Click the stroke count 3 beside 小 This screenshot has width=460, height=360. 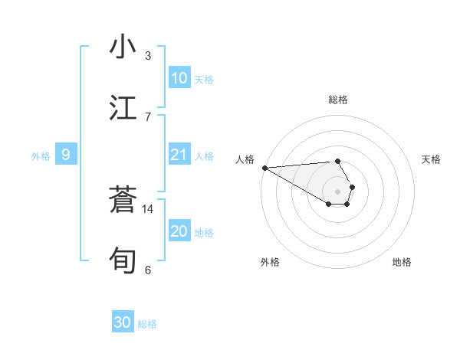coord(148,56)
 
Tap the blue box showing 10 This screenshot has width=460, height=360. coord(179,78)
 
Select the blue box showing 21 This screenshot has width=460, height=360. coord(179,155)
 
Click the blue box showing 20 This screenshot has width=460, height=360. coord(179,231)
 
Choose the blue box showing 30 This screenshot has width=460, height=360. coord(123,322)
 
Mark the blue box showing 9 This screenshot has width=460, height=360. coord(66,155)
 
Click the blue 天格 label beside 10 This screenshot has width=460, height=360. coord(204,80)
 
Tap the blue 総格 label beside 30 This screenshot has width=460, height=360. coord(147,324)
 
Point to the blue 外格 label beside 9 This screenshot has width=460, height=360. coord(41,156)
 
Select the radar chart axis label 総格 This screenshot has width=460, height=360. coord(337,100)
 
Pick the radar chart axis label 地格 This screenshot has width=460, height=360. coord(402,262)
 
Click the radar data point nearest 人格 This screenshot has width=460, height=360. coord(264,168)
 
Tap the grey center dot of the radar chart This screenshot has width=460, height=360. coord(337,191)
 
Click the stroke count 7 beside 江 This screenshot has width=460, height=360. coord(148,117)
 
